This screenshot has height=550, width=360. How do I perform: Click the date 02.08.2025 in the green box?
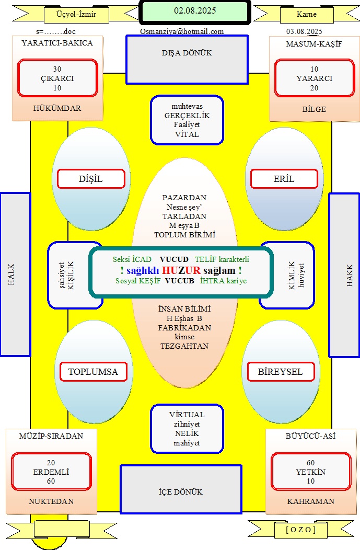[195, 11]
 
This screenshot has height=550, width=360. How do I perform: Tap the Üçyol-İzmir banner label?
[76, 15]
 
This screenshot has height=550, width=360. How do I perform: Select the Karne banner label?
[306, 15]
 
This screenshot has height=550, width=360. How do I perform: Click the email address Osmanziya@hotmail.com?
[182, 31]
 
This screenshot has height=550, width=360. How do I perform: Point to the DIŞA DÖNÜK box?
[187, 60]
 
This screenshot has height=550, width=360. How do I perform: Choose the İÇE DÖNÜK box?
[181, 489]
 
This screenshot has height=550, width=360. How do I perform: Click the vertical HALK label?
[11, 274]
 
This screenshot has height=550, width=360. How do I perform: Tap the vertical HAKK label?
[350, 276]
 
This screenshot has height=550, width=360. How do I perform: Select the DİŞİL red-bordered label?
[91, 179]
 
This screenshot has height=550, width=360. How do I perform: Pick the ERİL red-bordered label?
[284, 179]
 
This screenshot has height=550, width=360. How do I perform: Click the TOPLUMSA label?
[93, 372]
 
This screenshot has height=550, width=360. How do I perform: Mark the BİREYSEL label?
[281, 372]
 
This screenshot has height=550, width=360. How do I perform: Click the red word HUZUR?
[181, 270]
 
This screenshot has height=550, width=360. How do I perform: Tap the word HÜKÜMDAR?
[57, 108]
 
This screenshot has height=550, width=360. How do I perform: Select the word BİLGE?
[314, 109]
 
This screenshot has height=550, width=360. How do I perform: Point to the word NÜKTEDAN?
[51, 501]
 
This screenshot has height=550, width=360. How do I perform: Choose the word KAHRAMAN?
[310, 501]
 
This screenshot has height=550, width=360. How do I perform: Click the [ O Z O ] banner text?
[301, 530]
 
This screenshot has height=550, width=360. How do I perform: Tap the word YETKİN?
[310, 472]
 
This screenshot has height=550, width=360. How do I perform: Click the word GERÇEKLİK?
[187, 116]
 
